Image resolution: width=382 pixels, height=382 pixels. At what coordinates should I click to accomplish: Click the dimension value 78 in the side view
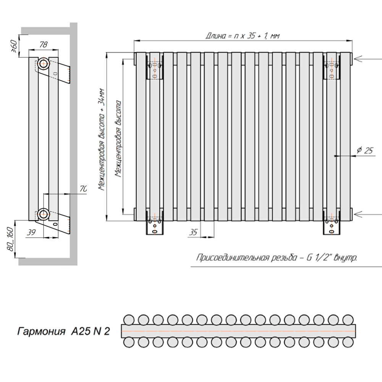(44, 45)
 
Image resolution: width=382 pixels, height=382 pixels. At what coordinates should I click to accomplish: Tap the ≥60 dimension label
(14, 46)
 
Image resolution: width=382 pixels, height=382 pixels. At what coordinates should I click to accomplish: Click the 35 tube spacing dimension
(194, 231)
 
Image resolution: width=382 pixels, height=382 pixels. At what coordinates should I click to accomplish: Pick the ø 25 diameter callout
(364, 151)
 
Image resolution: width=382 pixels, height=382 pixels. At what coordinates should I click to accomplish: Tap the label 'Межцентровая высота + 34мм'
(101, 139)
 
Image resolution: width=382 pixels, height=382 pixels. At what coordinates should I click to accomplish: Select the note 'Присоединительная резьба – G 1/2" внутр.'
(277, 258)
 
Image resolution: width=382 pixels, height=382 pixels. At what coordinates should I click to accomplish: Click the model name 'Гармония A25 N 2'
(63, 331)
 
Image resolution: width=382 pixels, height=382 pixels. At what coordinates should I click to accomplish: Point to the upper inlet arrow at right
(367, 58)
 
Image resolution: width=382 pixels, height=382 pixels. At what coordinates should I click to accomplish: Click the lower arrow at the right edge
(367, 214)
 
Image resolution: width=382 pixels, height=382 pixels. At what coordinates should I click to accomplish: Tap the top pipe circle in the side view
(43, 63)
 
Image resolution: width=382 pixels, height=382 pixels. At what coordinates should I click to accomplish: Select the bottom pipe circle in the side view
(43, 214)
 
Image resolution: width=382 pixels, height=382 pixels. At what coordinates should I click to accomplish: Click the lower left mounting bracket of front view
(155, 225)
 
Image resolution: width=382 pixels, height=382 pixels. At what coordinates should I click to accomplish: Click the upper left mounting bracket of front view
(155, 69)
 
